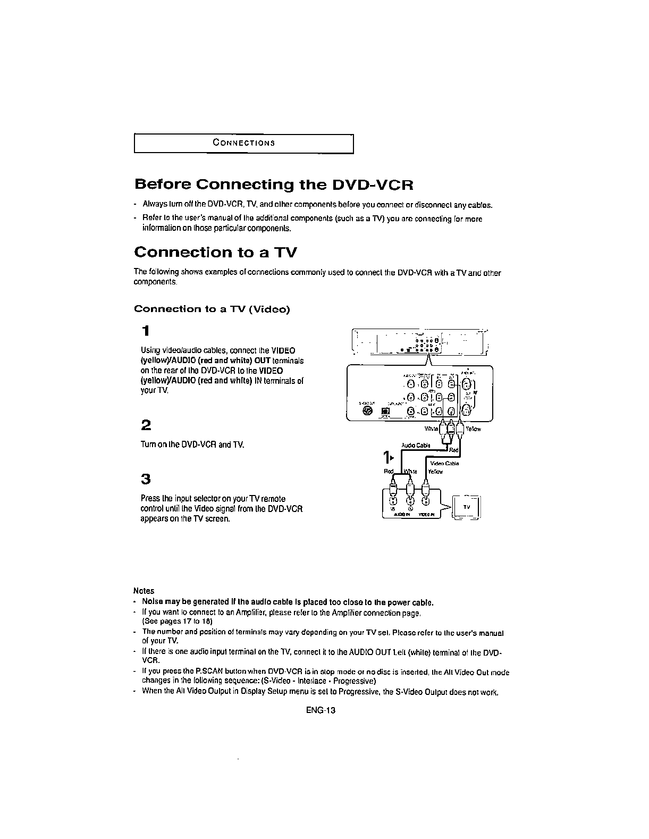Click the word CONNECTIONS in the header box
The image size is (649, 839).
pyautogui.click(x=243, y=143)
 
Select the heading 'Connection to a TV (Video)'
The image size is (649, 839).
pyautogui.click(x=212, y=309)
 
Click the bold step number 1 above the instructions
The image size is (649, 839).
pyautogui.click(x=146, y=331)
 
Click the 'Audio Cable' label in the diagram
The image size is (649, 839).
pyautogui.click(x=415, y=446)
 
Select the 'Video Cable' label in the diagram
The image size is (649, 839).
pyautogui.click(x=444, y=463)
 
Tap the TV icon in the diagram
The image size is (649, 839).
pyautogui.click(x=466, y=507)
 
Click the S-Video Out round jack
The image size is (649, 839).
pyautogui.click(x=367, y=410)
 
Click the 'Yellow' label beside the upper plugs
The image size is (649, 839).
pyautogui.click(x=473, y=429)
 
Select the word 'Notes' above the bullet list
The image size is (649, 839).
pyautogui.click(x=144, y=591)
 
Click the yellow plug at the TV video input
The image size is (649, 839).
pyautogui.click(x=426, y=487)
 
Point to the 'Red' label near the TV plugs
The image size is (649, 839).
pyautogui.click(x=389, y=471)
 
